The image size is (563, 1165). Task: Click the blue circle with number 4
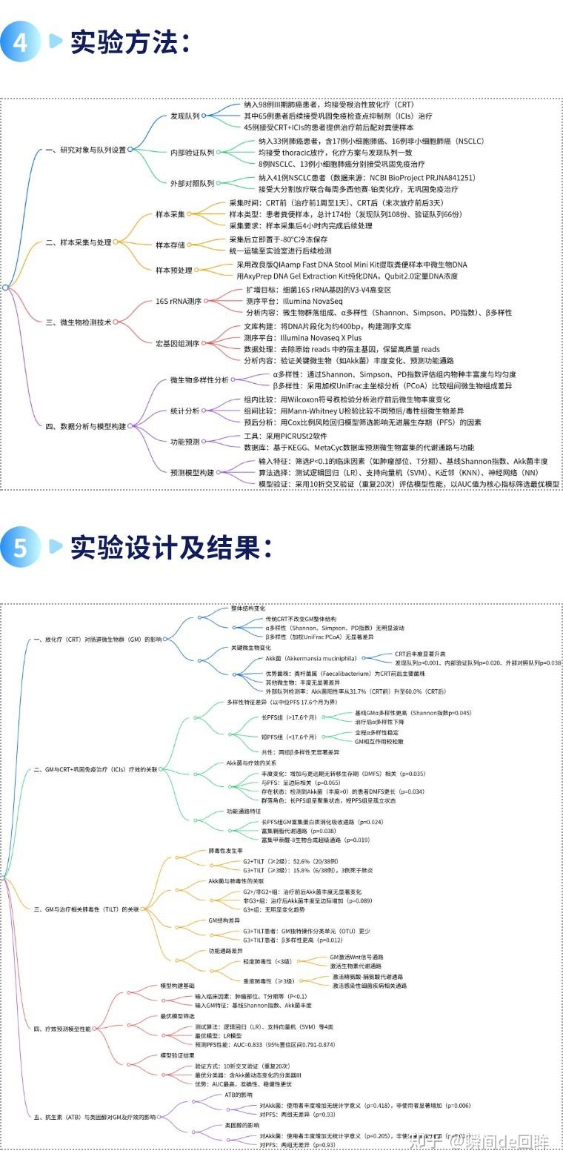point(20,42)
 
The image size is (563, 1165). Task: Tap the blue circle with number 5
point(20,548)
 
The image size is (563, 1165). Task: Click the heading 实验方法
point(130,42)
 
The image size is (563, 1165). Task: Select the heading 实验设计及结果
point(172,548)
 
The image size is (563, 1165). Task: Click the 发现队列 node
point(184,116)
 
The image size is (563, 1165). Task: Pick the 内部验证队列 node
point(192,153)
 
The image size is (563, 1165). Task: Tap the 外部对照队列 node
point(192,183)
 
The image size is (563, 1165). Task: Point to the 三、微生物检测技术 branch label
point(78,322)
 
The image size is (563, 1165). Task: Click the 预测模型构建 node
point(192,472)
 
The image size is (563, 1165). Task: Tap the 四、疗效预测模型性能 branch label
point(63,1029)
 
